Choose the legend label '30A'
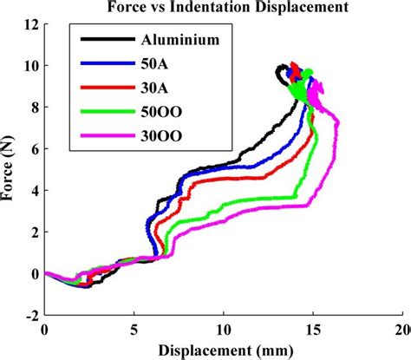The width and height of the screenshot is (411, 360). tap(154, 88)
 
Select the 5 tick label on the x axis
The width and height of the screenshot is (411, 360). tap(134, 331)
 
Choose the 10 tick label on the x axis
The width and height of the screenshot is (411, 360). tap(223, 331)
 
